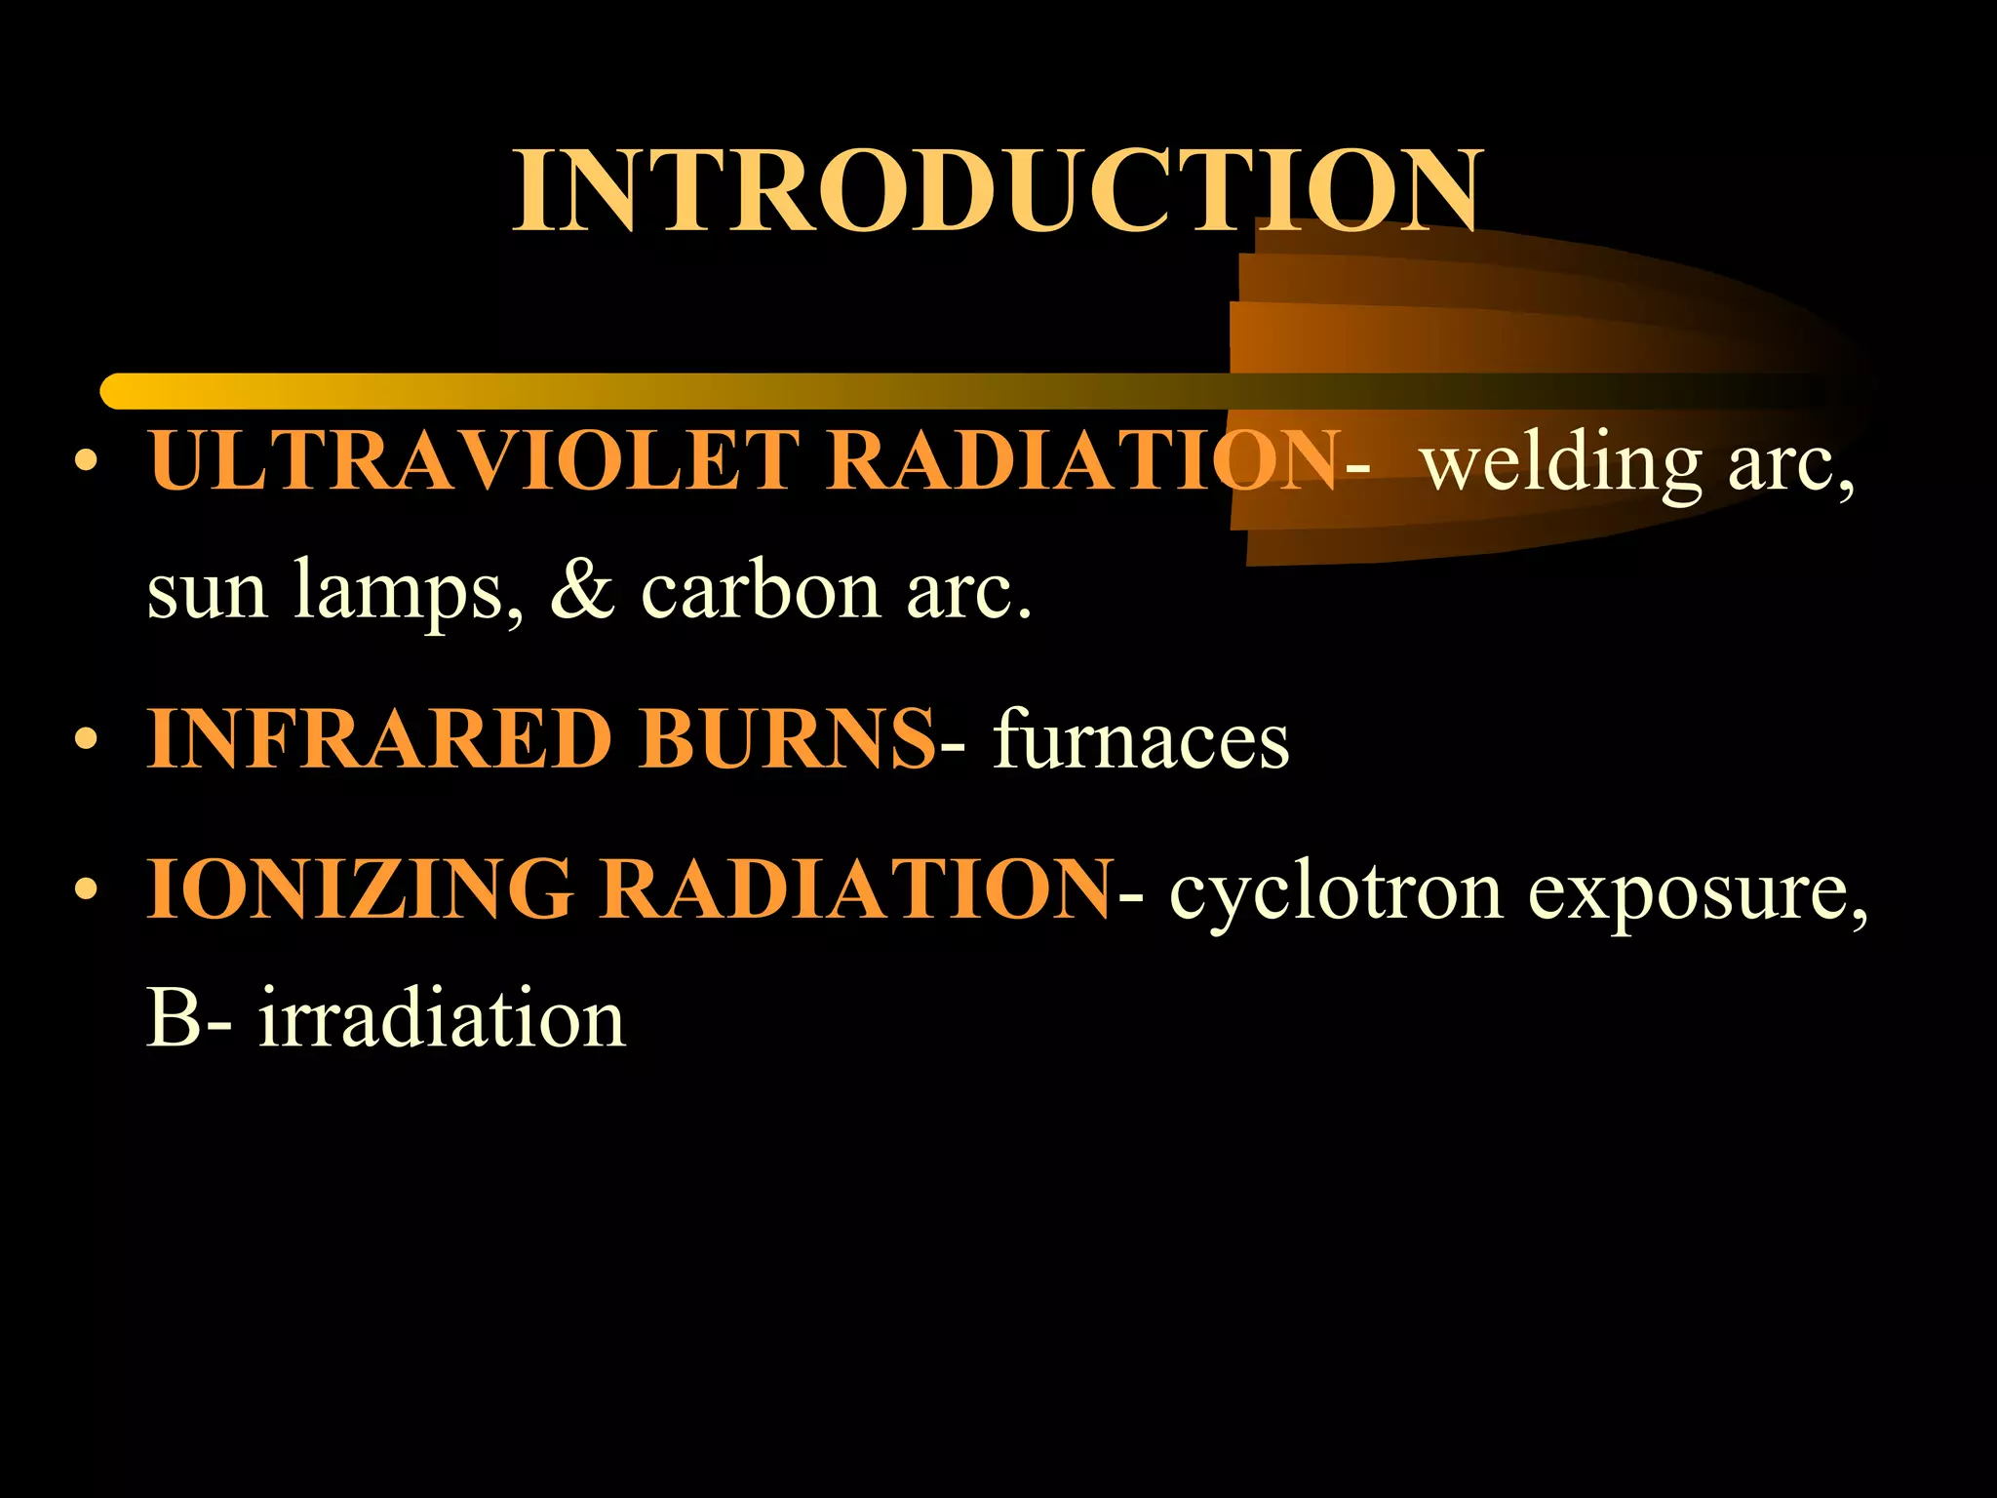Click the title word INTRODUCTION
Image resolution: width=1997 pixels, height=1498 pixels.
click(998, 190)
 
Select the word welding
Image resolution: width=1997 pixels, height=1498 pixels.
click(1560, 464)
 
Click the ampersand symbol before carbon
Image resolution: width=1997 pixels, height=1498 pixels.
click(582, 589)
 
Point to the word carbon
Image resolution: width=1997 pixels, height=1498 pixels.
click(761, 591)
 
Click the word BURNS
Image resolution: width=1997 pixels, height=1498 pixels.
click(786, 739)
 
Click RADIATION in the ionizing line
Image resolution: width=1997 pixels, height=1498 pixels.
click(855, 888)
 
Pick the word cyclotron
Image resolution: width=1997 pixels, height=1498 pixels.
click(1336, 892)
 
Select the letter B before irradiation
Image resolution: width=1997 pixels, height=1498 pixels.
click(174, 1018)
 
